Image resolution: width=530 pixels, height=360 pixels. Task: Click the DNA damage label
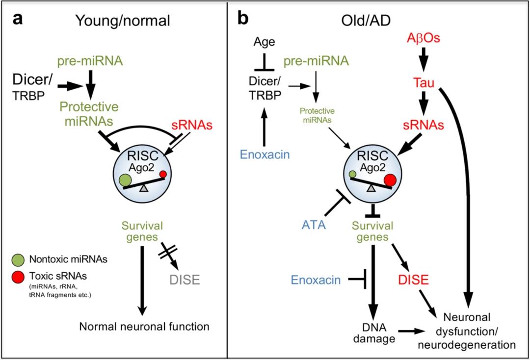[371, 332]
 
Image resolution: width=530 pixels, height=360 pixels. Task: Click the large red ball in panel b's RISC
[391, 180]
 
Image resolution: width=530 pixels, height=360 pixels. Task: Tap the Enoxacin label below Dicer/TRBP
[265, 155]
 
